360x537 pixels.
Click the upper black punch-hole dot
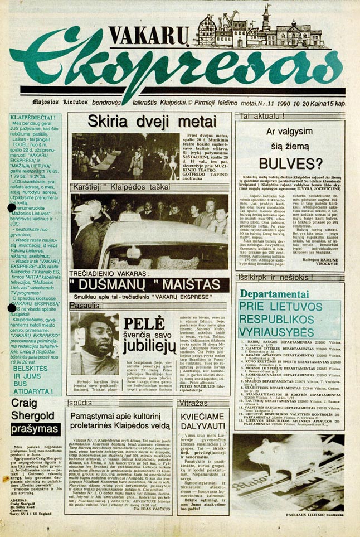click(x=12, y=207)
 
